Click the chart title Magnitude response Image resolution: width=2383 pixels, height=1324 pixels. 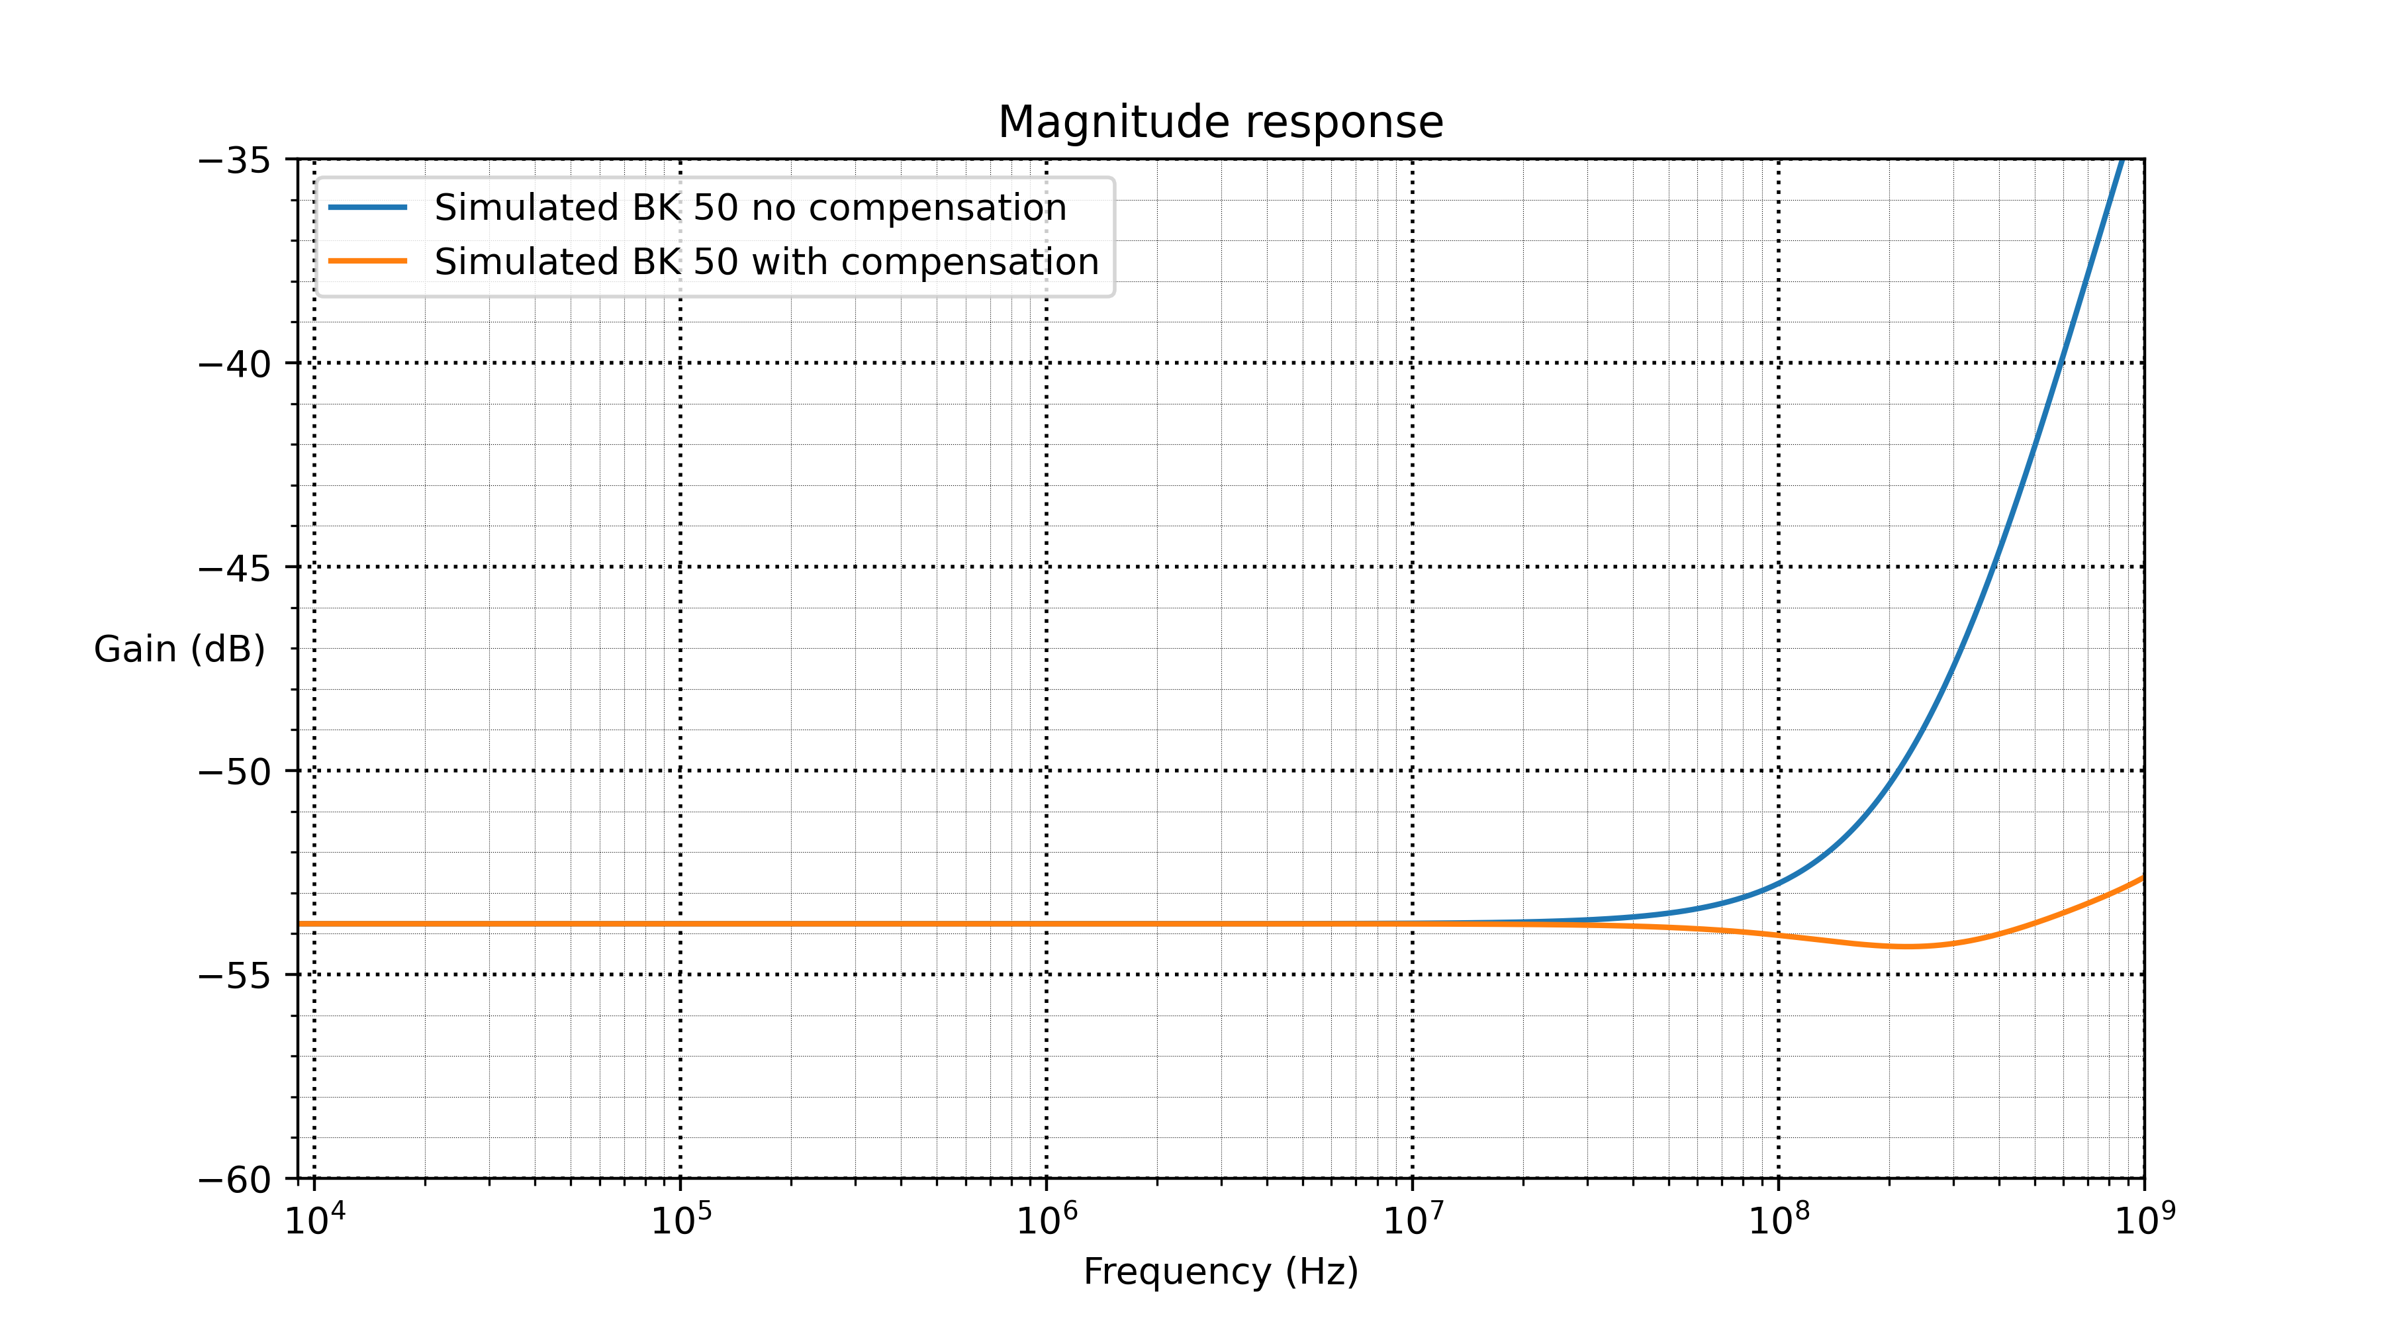pyautogui.click(x=1220, y=122)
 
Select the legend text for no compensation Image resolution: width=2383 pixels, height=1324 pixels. pyautogui.click(x=750, y=207)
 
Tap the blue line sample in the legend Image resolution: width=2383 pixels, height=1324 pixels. pyautogui.click(x=368, y=207)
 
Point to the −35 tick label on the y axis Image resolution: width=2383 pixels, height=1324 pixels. pyautogui.click(x=234, y=161)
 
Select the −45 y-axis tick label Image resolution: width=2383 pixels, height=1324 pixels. pyautogui.click(x=234, y=568)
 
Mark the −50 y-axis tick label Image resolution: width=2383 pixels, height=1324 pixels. pyautogui.click(x=234, y=772)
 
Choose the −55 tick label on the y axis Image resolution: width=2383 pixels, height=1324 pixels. pyautogui.click(x=234, y=976)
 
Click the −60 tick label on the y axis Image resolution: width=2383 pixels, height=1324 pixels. pyautogui.click(x=234, y=1180)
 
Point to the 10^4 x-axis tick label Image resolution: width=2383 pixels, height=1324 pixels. pyautogui.click(x=314, y=1220)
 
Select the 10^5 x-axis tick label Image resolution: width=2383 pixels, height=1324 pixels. pyautogui.click(x=681, y=1220)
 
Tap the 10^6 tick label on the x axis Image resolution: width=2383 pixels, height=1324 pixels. pyautogui.click(x=1047, y=1220)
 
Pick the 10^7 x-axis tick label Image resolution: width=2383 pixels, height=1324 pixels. pyautogui.click(x=1413, y=1220)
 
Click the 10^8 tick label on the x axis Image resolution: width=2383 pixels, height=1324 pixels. pyautogui.click(x=1778, y=1220)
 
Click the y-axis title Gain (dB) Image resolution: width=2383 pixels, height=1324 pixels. pyautogui.click(x=179, y=649)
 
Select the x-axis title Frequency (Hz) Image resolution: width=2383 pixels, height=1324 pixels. pyautogui.click(x=1220, y=1271)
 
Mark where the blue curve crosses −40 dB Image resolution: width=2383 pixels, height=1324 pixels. pyautogui.click(x=2060, y=363)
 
